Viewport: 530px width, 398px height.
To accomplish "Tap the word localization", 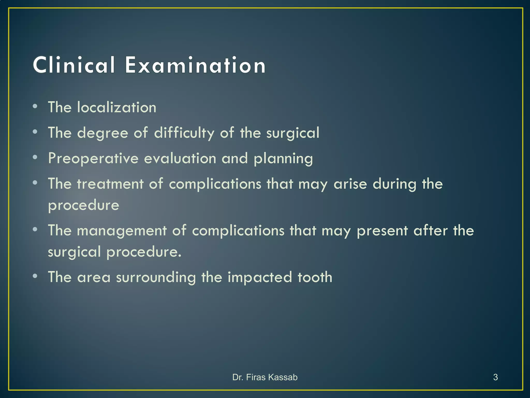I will point(117,107).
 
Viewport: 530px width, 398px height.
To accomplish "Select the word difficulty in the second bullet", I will point(184,133).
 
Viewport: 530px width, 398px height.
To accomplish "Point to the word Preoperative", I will point(93,159).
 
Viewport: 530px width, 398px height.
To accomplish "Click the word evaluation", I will point(180,158).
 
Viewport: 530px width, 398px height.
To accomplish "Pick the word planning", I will point(283,159).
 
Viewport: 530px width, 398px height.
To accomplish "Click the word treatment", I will point(110,184).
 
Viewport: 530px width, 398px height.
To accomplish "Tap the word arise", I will point(350,184).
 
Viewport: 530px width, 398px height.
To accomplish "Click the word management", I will point(122,231).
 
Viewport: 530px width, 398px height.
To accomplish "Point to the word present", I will point(382,231).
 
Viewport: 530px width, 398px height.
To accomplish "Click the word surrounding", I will point(156,277).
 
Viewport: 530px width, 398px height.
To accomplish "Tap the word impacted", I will point(260,278).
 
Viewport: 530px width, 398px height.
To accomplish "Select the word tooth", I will point(315,277).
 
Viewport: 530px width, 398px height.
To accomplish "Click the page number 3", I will point(495,377).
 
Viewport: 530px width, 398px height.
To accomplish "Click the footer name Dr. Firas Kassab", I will point(265,377).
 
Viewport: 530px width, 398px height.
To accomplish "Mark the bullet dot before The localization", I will point(35,106).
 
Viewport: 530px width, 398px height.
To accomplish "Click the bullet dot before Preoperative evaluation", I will point(35,157).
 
